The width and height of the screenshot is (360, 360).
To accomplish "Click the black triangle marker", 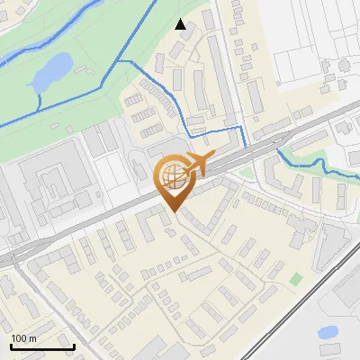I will coord(181,24).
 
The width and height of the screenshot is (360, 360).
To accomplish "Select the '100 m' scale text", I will coord(24,338).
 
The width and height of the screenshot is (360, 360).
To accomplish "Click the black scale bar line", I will coord(42,346).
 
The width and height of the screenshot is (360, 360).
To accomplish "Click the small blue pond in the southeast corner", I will coord(328,332).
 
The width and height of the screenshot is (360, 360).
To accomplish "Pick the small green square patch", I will coord(296,279).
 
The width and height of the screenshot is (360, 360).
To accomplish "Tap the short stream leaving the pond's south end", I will coord(39,101).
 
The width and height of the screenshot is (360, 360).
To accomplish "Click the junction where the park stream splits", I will coord(120,61).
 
